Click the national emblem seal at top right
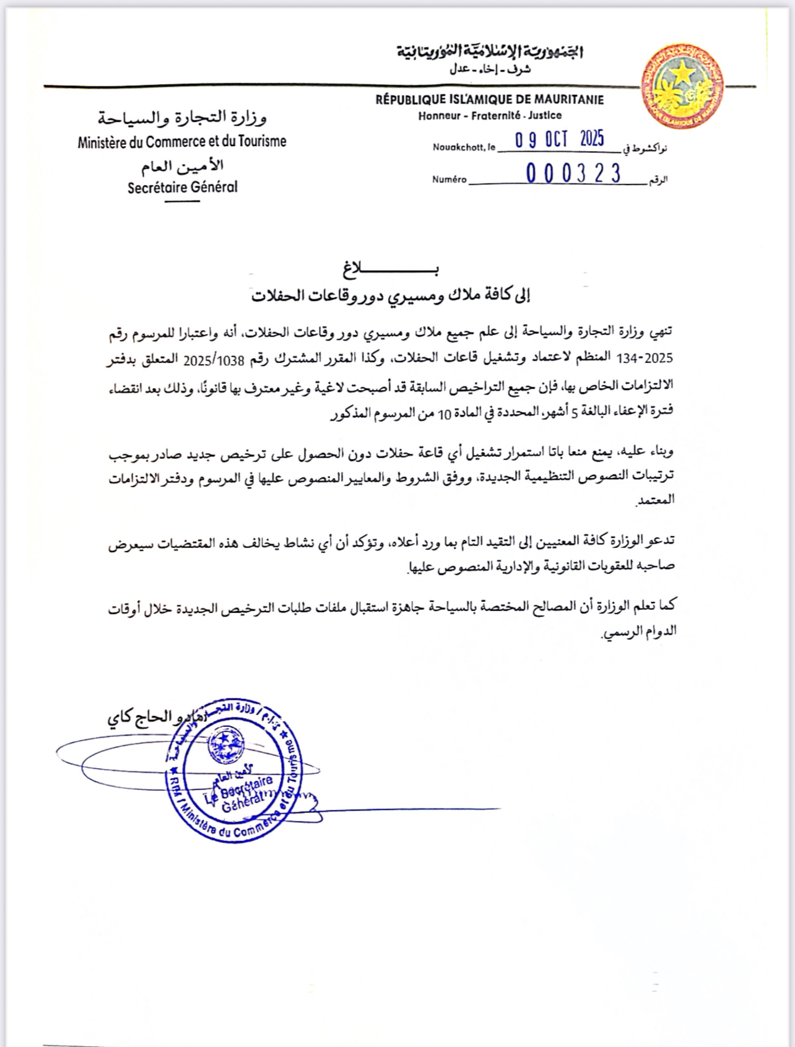coord(682,86)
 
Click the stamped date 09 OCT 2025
coord(559,139)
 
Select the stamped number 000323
coord(573,173)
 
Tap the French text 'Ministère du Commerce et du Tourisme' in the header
coord(182,142)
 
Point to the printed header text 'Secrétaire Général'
coord(183,187)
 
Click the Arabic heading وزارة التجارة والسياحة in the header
coord(182,116)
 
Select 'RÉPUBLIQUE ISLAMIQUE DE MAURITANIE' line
coord(489,100)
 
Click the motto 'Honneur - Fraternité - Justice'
coord(490,115)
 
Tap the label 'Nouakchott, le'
coord(464,147)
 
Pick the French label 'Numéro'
coord(450,180)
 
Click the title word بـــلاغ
coord(391,269)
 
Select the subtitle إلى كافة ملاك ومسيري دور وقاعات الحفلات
coord(391,296)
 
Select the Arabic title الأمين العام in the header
coord(182,166)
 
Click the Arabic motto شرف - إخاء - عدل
coord(490,69)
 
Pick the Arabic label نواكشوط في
coord(645,149)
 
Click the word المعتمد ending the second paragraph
coord(656,500)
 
